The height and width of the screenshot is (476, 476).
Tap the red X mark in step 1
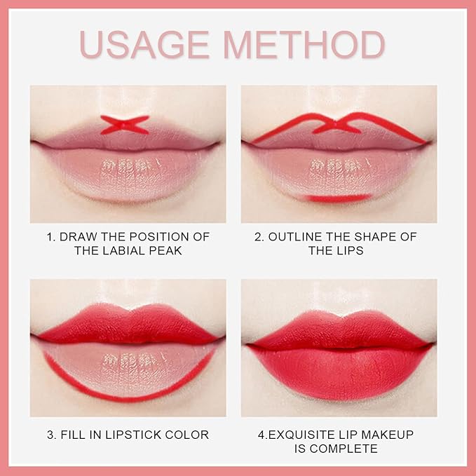click(x=125, y=125)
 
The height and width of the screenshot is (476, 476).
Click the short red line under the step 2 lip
click(x=339, y=199)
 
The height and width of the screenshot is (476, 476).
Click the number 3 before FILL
click(x=51, y=435)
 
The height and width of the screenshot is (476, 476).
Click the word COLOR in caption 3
click(x=189, y=435)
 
